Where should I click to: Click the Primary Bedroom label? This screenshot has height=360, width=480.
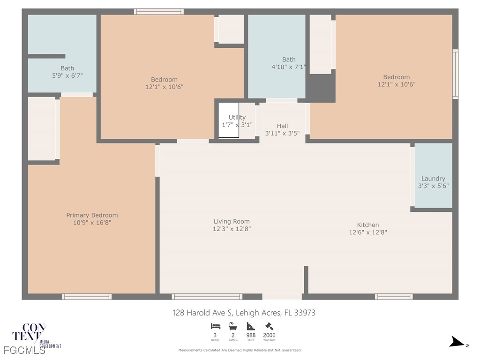pyautogui.click(x=92, y=215)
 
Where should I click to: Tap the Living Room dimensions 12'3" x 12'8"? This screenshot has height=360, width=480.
pyautogui.click(x=232, y=229)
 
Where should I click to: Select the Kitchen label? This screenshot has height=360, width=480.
pyautogui.click(x=367, y=225)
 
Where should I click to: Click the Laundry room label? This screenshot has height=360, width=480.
pyautogui.click(x=433, y=179)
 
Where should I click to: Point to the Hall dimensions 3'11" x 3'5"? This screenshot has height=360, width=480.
pyautogui.click(x=282, y=133)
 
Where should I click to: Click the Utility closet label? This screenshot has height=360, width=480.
pyautogui.click(x=237, y=118)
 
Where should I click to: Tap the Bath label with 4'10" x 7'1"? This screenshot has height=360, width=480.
pyautogui.click(x=289, y=60)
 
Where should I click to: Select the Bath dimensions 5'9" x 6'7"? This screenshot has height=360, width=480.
pyautogui.click(x=67, y=75)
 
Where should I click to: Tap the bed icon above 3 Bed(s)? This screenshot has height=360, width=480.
pyautogui.click(x=216, y=326)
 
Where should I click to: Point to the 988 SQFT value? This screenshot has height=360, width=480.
pyautogui.click(x=251, y=335)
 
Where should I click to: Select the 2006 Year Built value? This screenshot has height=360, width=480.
pyautogui.click(x=269, y=335)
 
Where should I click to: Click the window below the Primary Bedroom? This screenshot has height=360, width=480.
pyautogui.click(x=87, y=296)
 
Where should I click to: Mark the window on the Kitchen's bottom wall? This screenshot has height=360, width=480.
pyautogui.click(x=394, y=296)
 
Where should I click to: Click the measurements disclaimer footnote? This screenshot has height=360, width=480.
pyautogui.click(x=240, y=350)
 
